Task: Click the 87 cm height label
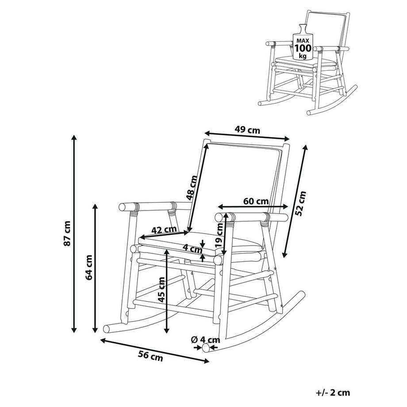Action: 67,233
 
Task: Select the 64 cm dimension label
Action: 89,267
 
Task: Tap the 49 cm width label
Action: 247,129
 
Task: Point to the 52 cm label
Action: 301,203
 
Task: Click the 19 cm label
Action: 219,235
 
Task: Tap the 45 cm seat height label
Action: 161,290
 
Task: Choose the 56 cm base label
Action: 150,356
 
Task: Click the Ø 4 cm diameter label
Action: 205,340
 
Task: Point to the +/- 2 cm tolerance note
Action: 333,393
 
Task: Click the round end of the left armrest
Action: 122,207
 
